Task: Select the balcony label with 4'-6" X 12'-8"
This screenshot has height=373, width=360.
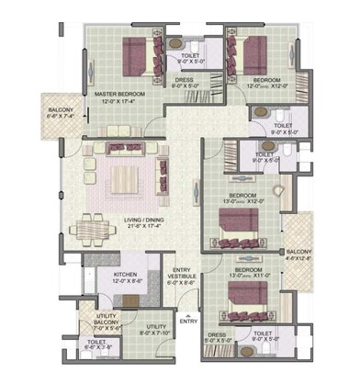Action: (x=299, y=254)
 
